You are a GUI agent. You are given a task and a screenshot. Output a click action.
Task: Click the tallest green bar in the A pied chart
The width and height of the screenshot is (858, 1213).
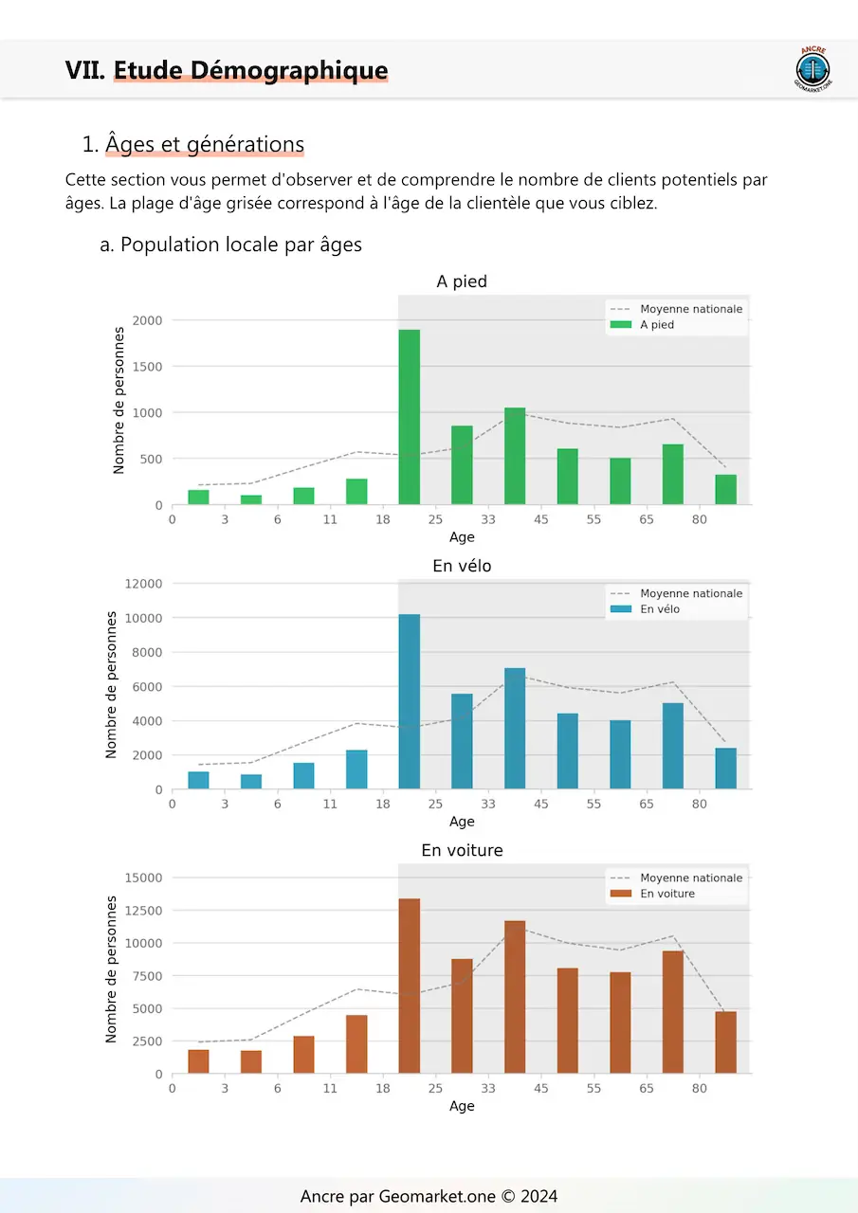tap(409, 417)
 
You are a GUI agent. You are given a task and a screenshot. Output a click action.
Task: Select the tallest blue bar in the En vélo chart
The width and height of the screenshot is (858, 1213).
tap(409, 701)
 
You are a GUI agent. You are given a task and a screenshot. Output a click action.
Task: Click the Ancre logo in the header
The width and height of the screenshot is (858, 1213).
tap(812, 69)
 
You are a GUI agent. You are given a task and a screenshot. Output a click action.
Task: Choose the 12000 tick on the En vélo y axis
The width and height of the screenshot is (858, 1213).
tap(143, 584)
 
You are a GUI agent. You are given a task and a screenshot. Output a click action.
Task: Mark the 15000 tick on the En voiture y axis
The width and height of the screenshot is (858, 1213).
tap(143, 878)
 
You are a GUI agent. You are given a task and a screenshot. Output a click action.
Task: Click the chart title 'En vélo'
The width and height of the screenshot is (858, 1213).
tap(462, 566)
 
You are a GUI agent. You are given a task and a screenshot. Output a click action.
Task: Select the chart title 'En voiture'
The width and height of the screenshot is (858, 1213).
tap(462, 850)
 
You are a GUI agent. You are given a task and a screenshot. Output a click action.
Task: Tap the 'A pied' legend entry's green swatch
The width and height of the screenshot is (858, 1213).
tap(621, 325)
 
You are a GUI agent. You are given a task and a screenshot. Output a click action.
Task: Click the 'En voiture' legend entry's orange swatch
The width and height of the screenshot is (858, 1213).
tap(621, 894)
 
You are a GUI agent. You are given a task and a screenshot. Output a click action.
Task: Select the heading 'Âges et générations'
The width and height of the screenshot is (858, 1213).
tap(205, 144)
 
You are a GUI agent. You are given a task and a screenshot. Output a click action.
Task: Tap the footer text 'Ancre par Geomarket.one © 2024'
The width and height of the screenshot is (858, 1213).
tap(429, 1196)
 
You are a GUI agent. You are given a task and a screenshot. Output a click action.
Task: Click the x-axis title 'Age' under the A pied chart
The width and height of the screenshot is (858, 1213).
tap(462, 537)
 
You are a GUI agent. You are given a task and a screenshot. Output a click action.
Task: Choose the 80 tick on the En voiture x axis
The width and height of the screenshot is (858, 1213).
tap(699, 1089)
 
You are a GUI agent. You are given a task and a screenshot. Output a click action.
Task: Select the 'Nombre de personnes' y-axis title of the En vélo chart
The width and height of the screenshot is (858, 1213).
tap(112, 684)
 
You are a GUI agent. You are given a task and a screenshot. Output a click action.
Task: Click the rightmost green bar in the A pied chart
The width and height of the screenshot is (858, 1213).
tap(725, 490)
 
